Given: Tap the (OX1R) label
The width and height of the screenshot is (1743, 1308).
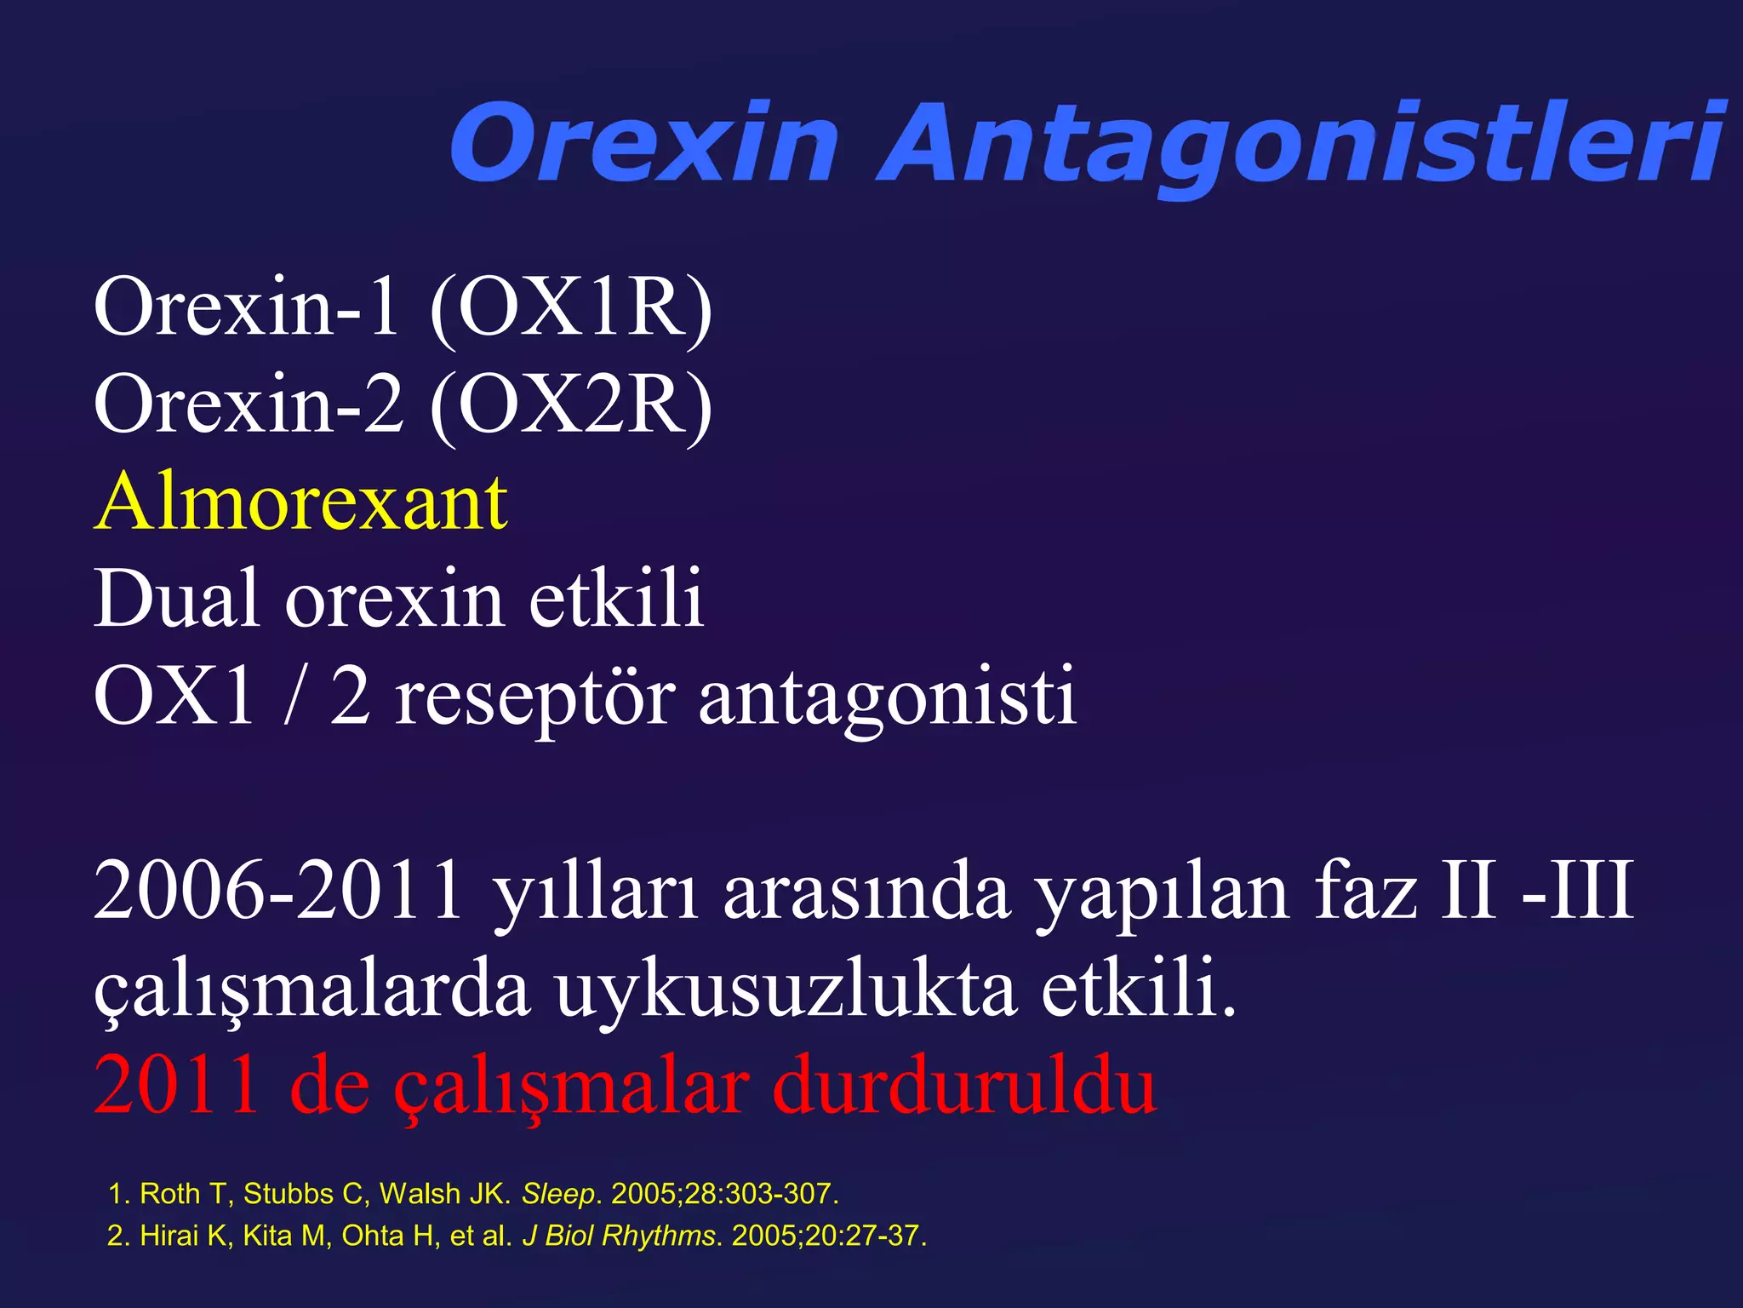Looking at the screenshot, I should click(571, 308).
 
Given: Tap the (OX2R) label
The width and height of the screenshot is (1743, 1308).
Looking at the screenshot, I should click(571, 405).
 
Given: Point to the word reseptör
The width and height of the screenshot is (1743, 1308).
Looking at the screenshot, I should click(535, 698).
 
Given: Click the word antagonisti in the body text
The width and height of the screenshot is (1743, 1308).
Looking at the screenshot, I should click(887, 698).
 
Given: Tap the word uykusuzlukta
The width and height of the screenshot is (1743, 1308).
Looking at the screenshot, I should click(786, 990).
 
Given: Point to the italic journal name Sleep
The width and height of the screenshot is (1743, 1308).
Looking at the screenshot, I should click(557, 1194).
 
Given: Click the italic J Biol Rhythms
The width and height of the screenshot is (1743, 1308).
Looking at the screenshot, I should click(619, 1236).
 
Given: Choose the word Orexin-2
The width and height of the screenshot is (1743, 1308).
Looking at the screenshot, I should click(248, 405).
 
